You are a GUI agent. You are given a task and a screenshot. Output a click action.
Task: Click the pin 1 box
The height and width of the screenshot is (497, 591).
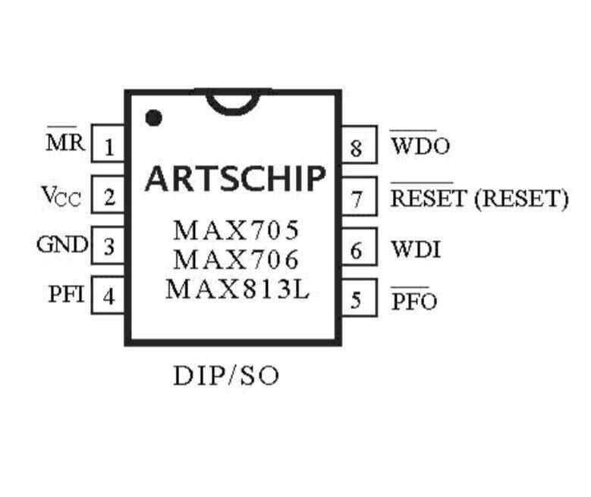point(108,145)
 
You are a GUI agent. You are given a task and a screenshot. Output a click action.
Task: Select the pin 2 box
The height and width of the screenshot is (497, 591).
point(108,197)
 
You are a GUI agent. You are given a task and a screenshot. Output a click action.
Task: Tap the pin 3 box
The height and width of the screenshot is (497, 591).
point(108,247)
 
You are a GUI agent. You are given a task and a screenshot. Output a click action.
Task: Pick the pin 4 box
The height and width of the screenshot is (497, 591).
point(108,296)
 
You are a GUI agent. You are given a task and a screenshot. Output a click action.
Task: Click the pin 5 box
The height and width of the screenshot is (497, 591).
point(356,300)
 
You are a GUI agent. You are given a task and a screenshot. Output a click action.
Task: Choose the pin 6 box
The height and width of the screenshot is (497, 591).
point(356,249)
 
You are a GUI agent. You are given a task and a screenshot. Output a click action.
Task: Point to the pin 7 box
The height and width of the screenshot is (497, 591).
point(356,198)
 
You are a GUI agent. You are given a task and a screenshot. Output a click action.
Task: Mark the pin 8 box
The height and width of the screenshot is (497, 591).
point(356,147)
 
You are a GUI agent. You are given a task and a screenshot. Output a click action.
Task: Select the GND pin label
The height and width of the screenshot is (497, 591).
point(62,245)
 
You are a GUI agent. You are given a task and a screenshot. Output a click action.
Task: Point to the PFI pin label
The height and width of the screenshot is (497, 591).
point(66,295)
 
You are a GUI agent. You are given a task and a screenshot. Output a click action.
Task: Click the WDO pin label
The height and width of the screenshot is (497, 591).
point(420,145)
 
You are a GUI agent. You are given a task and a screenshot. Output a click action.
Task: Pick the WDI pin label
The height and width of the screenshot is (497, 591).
point(415,249)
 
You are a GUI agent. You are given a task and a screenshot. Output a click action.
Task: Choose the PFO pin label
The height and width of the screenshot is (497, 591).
point(414,301)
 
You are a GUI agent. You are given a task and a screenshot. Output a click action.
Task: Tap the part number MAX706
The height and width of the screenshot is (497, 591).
point(236,260)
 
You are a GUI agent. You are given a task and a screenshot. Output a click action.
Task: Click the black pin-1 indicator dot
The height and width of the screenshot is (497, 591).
point(154,117)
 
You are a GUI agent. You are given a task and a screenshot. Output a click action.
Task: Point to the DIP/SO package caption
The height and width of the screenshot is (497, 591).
point(226,374)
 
